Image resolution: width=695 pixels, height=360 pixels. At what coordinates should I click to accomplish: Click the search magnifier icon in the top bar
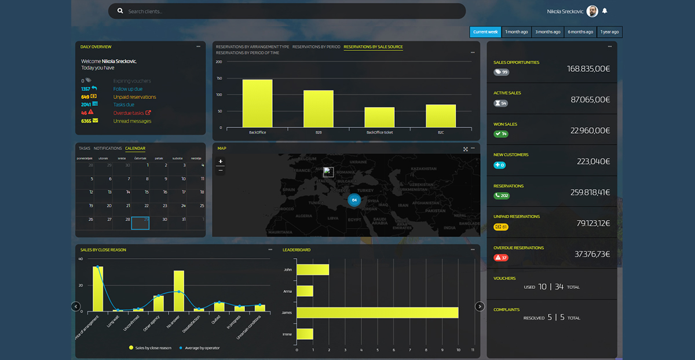pyautogui.click(x=120, y=11)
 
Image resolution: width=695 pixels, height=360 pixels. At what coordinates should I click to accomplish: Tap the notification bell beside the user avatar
pyautogui.click(x=605, y=10)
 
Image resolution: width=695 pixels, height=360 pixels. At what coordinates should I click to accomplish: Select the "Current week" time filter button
pyautogui.click(x=485, y=32)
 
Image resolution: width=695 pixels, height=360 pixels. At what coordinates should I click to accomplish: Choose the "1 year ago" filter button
pyautogui.click(x=609, y=32)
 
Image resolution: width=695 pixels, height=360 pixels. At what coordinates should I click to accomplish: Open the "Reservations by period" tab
pyautogui.click(x=316, y=47)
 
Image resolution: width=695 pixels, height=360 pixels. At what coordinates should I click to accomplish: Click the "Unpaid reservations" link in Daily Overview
pyautogui.click(x=134, y=97)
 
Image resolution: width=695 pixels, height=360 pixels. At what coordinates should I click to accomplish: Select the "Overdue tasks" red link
pyautogui.click(x=129, y=113)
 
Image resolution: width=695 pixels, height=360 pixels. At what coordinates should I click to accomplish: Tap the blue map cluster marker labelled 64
pyautogui.click(x=354, y=200)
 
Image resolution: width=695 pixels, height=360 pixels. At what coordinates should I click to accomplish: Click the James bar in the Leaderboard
pyautogui.click(x=377, y=313)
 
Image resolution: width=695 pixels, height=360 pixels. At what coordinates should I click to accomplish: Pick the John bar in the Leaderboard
pyautogui.click(x=313, y=270)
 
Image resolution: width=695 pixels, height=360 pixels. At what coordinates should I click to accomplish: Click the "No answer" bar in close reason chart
pyautogui.click(x=179, y=291)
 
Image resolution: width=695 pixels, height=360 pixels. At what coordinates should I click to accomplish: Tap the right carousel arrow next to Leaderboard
pyautogui.click(x=480, y=306)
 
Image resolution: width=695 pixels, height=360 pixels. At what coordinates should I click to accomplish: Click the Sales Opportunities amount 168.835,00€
pyautogui.click(x=588, y=69)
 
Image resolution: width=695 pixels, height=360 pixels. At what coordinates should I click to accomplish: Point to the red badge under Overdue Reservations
pyautogui.click(x=500, y=258)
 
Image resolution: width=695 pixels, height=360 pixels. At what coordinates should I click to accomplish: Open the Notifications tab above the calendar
pyautogui.click(x=108, y=149)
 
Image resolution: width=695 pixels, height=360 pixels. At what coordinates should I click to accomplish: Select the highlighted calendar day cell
pyautogui.click(x=140, y=223)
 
